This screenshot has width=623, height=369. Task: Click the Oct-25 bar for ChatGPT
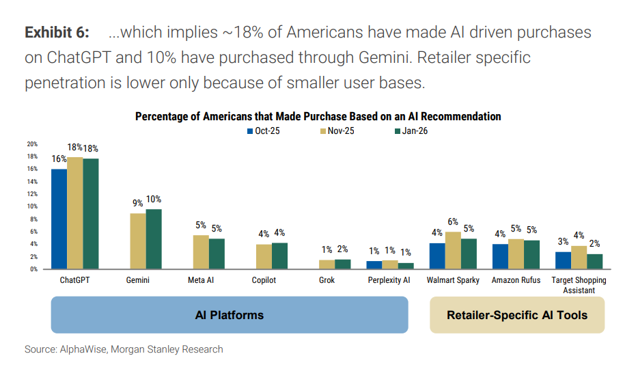[59, 219]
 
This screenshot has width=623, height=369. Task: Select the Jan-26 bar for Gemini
[154, 238]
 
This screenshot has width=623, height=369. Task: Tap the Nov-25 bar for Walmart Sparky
[453, 250]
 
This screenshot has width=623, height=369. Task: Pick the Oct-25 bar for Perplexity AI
[374, 264]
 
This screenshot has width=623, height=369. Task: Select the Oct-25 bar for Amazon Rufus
[500, 256]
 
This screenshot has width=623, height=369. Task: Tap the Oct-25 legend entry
[263, 131]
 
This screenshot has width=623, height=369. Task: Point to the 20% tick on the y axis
[32, 144]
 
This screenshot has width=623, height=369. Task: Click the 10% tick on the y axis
[32, 206]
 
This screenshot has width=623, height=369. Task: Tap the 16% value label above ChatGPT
[59, 159]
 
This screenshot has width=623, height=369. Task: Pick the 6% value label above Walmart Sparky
[453, 221]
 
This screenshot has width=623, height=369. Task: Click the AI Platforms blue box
[230, 315]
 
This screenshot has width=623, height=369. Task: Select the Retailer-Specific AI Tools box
[516, 315]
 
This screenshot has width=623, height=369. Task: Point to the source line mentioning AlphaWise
[124, 349]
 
